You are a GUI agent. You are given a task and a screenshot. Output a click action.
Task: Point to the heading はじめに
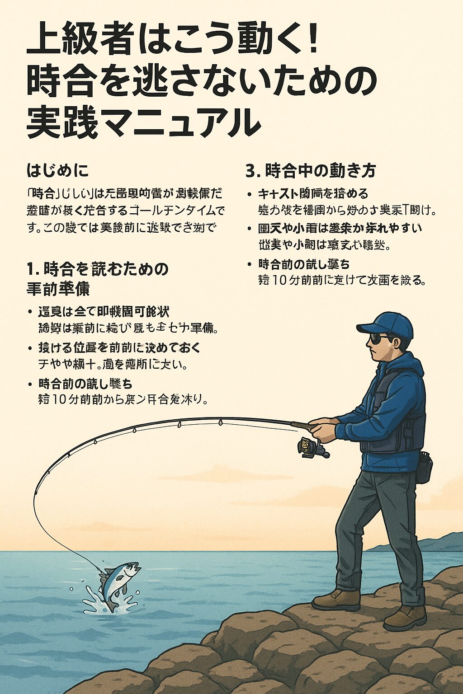pyautogui.click(x=57, y=171)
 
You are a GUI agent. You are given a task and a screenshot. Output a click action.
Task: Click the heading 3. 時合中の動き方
pyautogui.click(x=311, y=171)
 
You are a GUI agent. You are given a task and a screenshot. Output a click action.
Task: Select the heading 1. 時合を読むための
pyautogui.click(x=97, y=269)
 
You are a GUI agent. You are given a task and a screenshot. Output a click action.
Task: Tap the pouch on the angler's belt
pyautogui.click(x=424, y=468)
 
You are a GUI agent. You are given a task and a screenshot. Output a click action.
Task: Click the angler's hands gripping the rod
pyautogui.click(x=325, y=429)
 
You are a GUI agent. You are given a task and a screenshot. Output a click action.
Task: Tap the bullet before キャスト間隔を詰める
pyautogui.click(x=249, y=194)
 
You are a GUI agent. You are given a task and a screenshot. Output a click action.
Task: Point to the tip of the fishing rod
pyautogui.click(x=34, y=497)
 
